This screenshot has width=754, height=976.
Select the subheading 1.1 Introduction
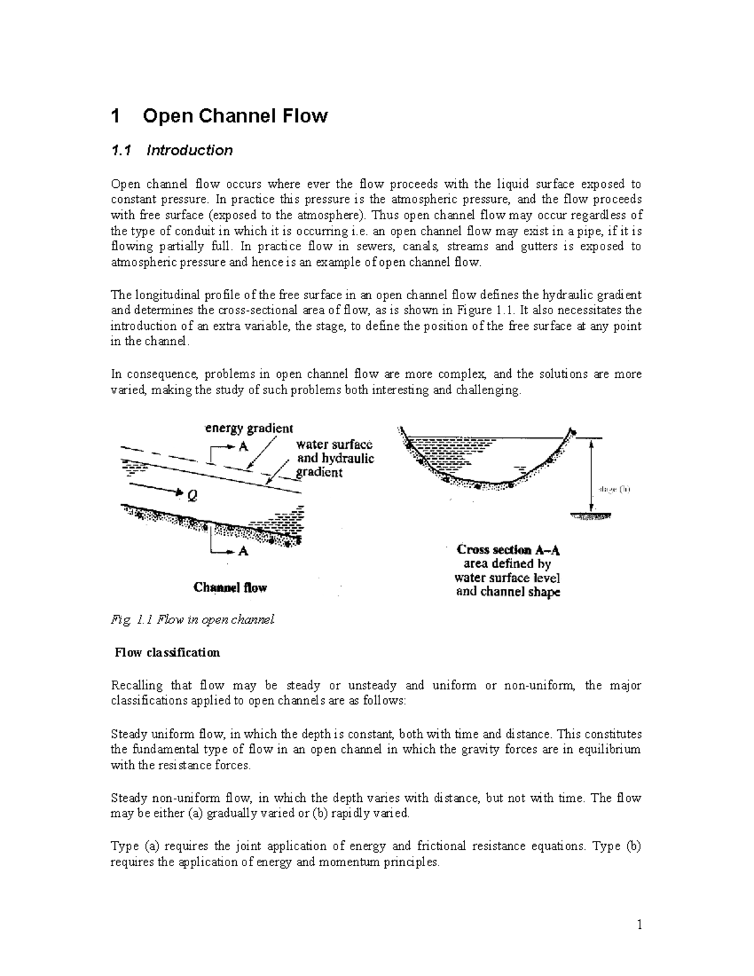click(x=172, y=150)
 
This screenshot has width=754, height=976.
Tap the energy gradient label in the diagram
click(x=249, y=429)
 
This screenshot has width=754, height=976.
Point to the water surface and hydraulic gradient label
click(x=334, y=458)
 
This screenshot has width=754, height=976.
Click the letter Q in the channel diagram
click(x=192, y=495)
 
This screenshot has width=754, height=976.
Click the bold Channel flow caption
click(x=230, y=588)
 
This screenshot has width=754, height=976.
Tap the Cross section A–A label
click(x=508, y=549)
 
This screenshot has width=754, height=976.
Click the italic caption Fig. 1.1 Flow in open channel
click(x=193, y=620)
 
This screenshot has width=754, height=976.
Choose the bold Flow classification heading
click(x=167, y=652)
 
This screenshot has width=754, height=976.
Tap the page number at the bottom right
click(x=639, y=924)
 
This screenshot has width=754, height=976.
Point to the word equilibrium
click(x=609, y=750)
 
